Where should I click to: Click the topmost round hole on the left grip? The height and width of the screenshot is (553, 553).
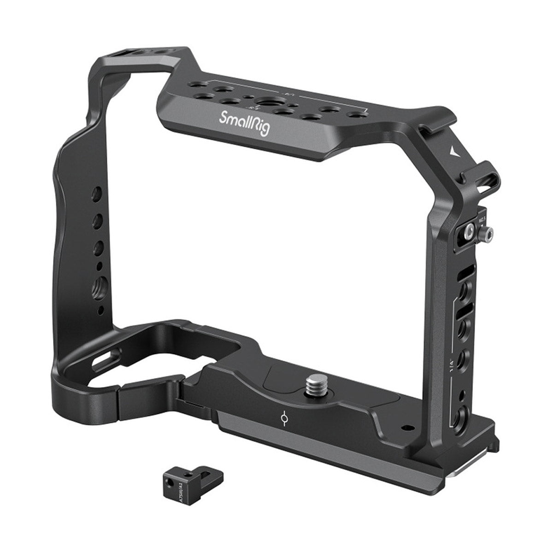click(x=98, y=192)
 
